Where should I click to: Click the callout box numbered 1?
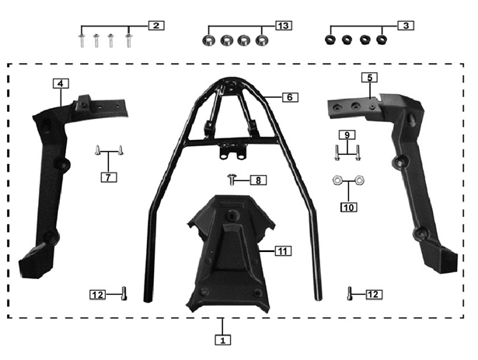click(222, 340)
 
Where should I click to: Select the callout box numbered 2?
click(156, 26)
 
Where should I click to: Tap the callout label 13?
click(284, 26)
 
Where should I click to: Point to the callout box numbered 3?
click(406, 26)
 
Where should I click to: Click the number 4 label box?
click(61, 83)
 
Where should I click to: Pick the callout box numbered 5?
click(369, 78)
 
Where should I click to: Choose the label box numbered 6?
click(290, 97)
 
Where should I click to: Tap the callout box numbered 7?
click(109, 177)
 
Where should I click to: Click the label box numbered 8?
click(258, 180)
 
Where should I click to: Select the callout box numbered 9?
click(347, 135)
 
